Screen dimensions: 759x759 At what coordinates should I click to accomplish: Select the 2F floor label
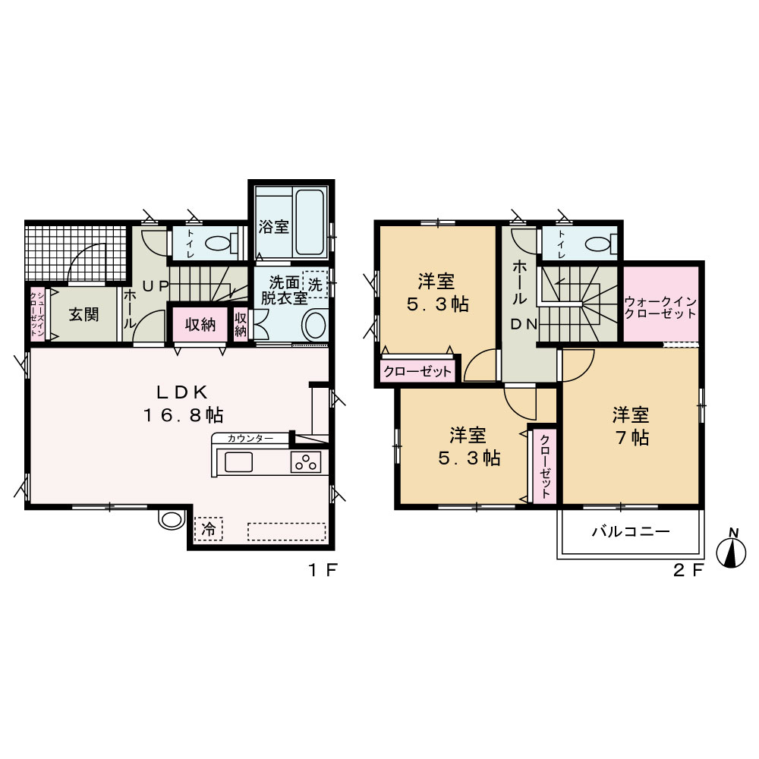688,570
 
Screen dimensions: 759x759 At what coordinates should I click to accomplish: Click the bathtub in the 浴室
310,222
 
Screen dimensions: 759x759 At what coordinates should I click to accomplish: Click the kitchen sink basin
238,461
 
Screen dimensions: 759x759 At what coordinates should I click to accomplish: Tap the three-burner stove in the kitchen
306,461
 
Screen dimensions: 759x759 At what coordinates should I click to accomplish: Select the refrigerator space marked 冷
209,528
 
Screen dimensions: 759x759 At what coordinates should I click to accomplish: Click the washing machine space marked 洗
315,284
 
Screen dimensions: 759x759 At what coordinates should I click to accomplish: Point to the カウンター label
250,439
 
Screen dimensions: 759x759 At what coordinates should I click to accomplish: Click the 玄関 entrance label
83,315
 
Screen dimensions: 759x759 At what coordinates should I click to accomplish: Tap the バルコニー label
631,532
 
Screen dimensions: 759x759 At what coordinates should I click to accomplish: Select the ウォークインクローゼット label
660,307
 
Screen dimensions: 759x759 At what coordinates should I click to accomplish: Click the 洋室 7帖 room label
631,426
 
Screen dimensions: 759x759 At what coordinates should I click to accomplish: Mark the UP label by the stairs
156,286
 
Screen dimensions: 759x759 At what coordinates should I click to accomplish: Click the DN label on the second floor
524,325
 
